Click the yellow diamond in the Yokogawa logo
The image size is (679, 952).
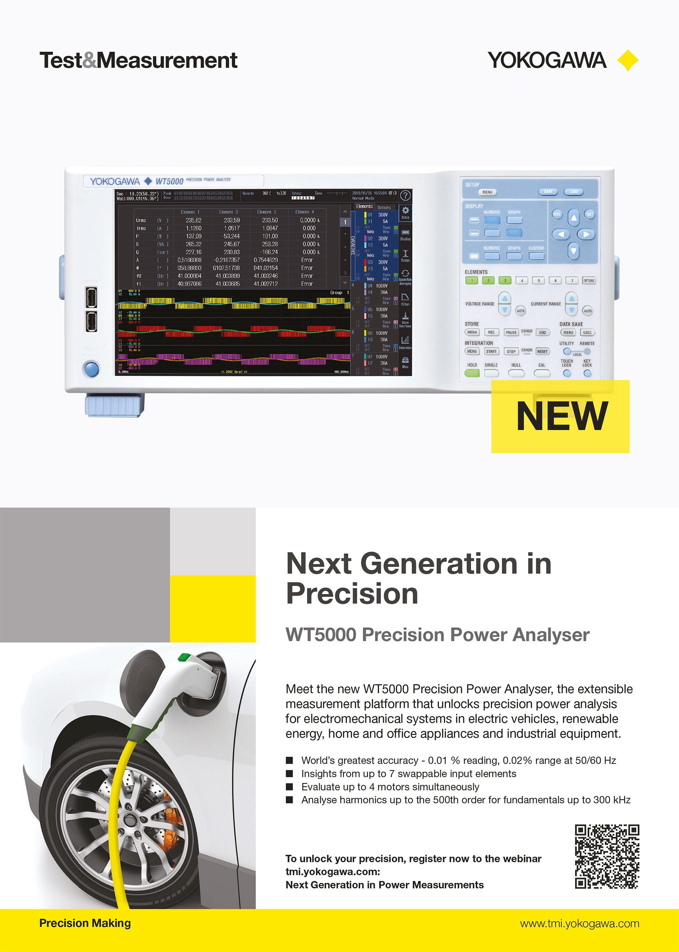click(628, 61)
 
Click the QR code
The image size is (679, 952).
click(607, 856)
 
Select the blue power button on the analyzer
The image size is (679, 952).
click(91, 369)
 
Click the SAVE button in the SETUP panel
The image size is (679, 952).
click(548, 192)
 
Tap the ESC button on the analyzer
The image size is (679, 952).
click(557, 214)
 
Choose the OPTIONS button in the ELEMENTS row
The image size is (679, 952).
click(589, 281)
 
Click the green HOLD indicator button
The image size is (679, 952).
click(472, 373)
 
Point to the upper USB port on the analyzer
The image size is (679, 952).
click(91, 297)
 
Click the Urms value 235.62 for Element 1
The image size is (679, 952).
click(193, 220)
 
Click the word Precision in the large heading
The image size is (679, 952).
click(352, 594)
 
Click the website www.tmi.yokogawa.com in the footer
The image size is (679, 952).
click(579, 924)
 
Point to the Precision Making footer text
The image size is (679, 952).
click(85, 923)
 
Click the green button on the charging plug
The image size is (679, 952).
click(184, 657)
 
